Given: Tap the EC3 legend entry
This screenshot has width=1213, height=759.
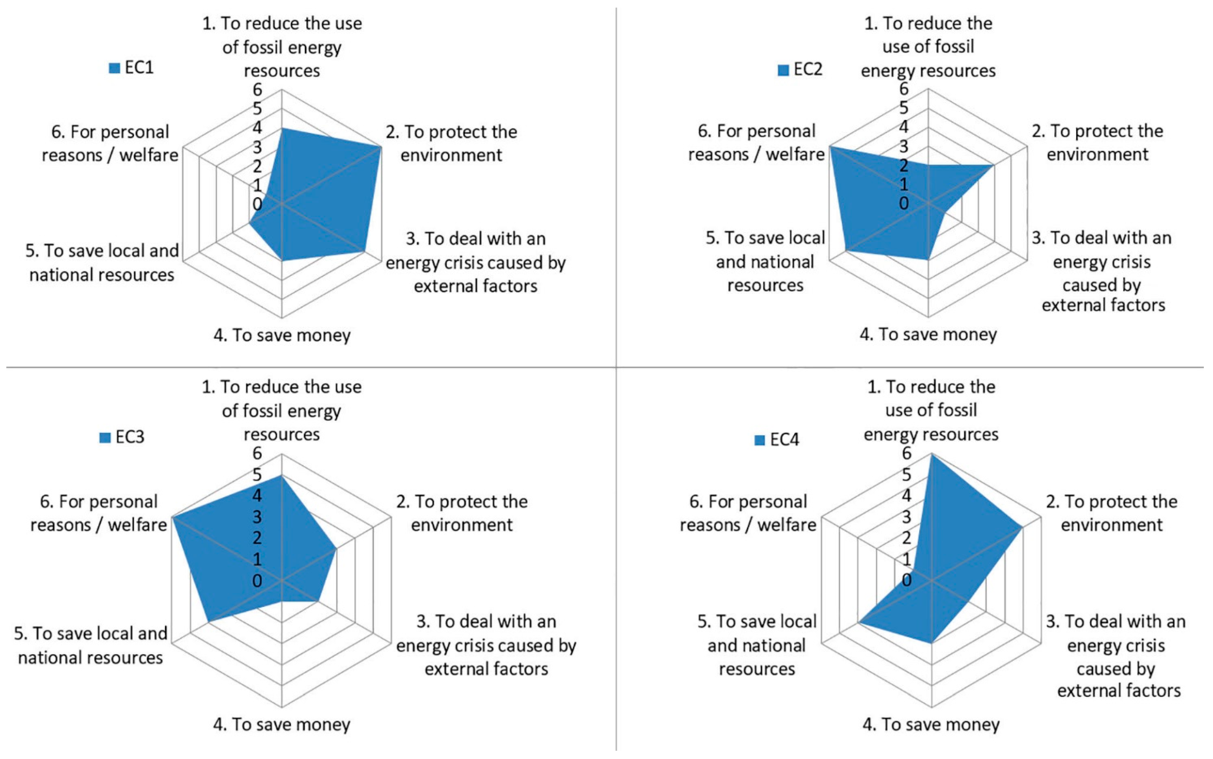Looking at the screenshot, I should click(123, 437).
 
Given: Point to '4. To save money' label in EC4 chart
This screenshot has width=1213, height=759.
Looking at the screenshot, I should click(931, 724).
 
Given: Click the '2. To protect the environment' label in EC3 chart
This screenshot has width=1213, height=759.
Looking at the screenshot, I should click(462, 513).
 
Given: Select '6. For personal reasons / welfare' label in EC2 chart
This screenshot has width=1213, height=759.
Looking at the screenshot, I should click(756, 143).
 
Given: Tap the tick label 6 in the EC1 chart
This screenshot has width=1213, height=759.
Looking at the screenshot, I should click(258, 90).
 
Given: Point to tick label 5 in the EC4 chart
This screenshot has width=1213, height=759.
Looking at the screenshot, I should click(906, 475).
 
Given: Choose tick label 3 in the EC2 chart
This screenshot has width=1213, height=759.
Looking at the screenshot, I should click(904, 147).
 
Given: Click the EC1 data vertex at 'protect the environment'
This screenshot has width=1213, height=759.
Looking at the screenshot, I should click(381, 147).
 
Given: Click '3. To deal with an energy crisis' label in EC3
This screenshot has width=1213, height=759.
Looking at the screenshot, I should click(486, 645).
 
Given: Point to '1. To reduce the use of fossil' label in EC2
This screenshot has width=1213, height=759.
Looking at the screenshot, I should click(928, 47).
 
